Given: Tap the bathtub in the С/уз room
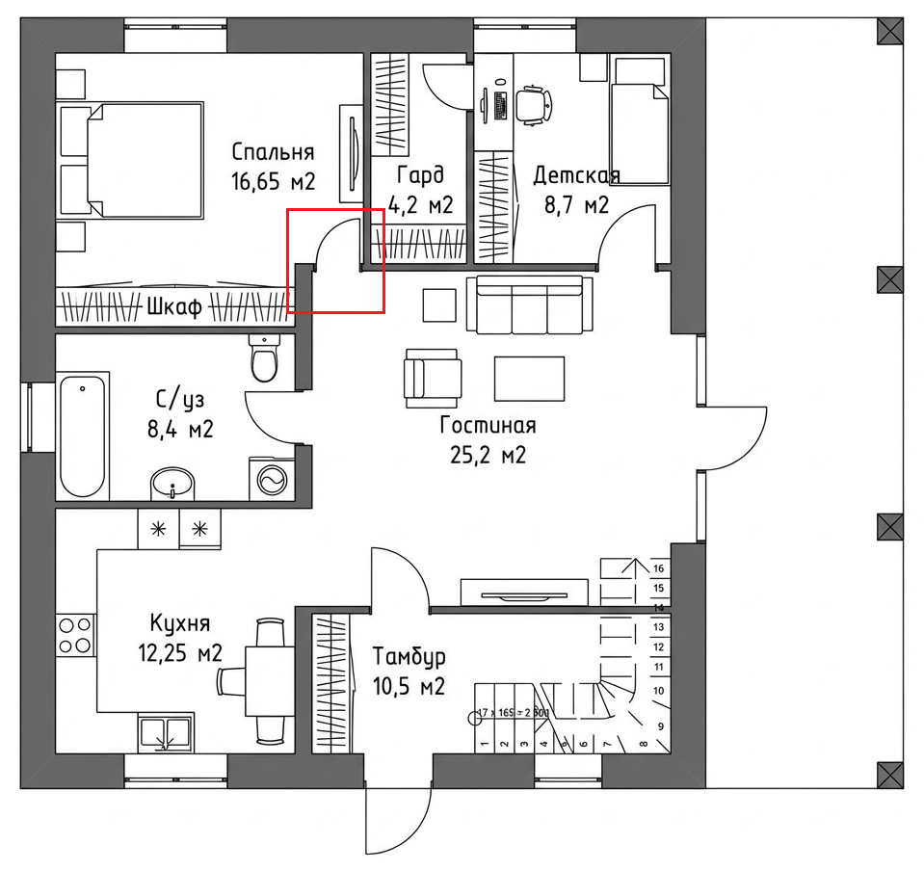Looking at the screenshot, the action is coord(82,435).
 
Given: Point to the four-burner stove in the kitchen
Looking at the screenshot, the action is coord(75,635).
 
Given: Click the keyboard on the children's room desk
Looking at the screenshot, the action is coord(500,103).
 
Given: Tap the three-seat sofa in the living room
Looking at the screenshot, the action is coord(528,305).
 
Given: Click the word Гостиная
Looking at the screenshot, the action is coord(488,425).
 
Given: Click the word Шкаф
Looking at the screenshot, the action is coord(174,308).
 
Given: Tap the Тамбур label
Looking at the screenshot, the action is coord(409,658).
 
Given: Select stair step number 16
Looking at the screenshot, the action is coord(659,568).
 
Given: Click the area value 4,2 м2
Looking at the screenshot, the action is coord(421,204).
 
